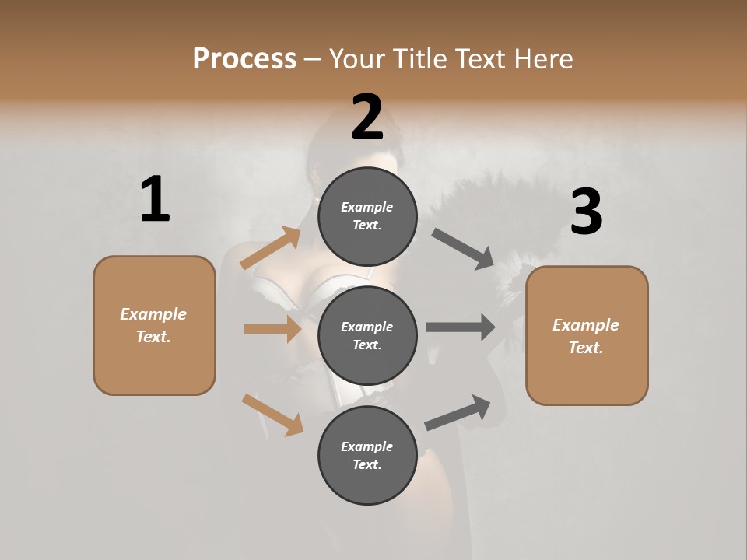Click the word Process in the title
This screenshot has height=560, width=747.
[x=244, y=59]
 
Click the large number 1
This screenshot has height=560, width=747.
[x=155, y=200]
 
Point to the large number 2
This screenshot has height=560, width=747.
[x=367, y=117]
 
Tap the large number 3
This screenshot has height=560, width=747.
[x=586, y=212]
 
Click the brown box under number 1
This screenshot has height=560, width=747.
[x=154, y=325]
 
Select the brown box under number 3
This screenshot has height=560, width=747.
[x=587, y=335]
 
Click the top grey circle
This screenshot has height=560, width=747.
[x=367, y=216]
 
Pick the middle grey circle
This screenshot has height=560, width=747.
[x=367, y=335]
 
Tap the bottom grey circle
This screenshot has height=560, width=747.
[x=367, y=455]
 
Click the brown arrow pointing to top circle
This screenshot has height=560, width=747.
[x=271, y=248]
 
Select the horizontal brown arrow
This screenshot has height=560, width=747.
[x=272, y=329]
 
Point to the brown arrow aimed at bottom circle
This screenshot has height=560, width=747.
[x=272, y=415]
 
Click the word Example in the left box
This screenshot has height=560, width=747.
[x=153, y=314]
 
